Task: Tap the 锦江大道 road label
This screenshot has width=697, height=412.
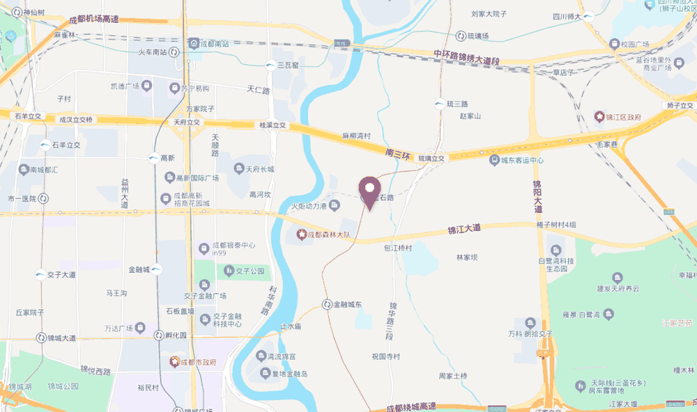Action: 464,228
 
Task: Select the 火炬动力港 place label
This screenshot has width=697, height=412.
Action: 310,206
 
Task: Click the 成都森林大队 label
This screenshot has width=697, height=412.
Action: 327,234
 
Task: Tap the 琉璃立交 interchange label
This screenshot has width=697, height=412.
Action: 431,159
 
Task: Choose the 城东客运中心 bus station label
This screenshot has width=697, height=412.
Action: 521,160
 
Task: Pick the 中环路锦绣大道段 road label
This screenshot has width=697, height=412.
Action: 466,57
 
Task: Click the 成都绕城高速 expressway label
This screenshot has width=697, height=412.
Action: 411,406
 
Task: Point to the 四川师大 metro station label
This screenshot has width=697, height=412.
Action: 566,17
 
